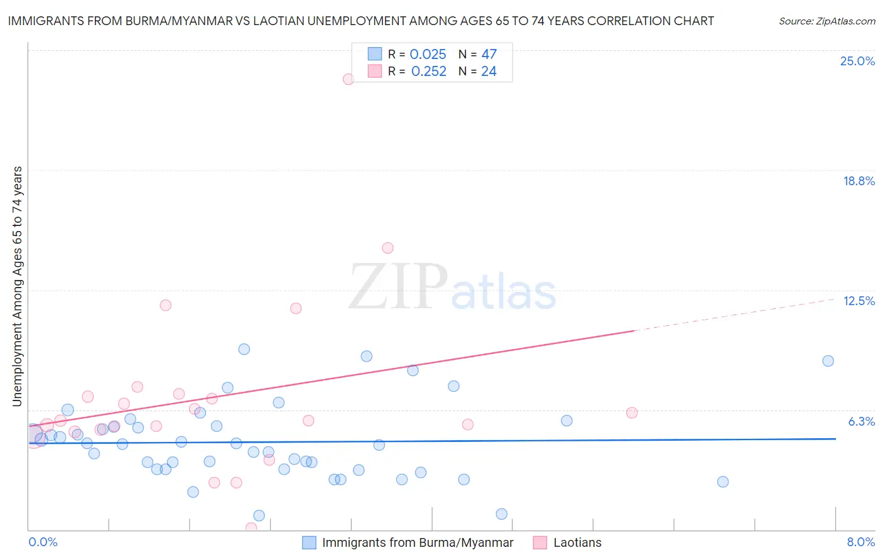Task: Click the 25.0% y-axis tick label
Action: click(x=857, y=61)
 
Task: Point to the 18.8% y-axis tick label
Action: click(x=859, y=181)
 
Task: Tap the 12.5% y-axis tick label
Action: click(x=859, y=301)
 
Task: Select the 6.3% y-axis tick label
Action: click(x=861, y=421)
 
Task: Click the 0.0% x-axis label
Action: click(x=43, y=542)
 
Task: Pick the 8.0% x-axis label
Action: click(x=860, y=542)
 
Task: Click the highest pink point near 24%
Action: click(x=348, y=79)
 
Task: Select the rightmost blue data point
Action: click(x=828, y=361)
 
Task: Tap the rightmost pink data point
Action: click(x=632, y=412)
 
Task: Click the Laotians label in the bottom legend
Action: click(x=577, y=542)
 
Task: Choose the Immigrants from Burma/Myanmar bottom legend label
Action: click(x=418, y=542)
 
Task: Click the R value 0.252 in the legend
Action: click(x=428, y=72)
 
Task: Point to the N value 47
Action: click(x=489, y=55)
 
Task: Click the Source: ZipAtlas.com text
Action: click(x=826, y=21)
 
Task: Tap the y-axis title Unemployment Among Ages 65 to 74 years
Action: click(x=18, y=286)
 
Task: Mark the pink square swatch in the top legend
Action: click(x=375, y=71)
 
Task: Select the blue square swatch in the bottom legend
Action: click(x=309, y=542)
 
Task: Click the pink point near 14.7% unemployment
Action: click(x=387, y=248)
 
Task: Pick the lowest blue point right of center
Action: click(x=501, y=514)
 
